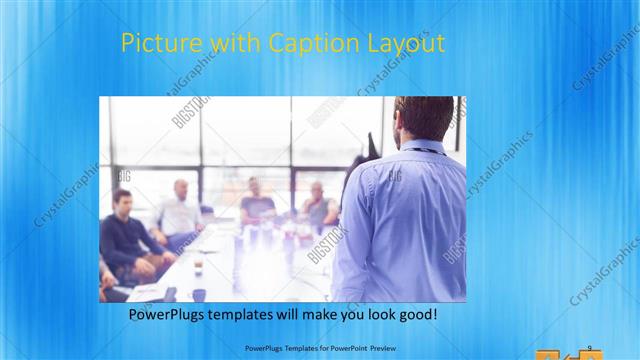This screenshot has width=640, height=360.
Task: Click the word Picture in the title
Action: [154, 44]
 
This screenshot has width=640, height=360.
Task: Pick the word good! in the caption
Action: [415, 314]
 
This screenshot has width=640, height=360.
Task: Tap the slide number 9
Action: [589, 347]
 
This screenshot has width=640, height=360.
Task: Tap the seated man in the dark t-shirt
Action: [257, 204]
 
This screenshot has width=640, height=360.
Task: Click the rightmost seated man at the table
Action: [318, 205]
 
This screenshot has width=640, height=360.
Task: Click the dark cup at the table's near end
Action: [199, 294]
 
